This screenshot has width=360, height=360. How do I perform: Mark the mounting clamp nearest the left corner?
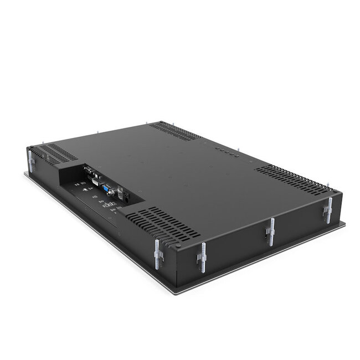click(31, 161)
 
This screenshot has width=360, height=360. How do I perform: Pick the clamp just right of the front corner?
click(203, 258)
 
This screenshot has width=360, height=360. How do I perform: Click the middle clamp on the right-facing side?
click(271, 232)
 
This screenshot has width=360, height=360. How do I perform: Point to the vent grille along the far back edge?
click(174, 130)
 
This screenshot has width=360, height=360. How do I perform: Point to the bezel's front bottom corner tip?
click(177, 293)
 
